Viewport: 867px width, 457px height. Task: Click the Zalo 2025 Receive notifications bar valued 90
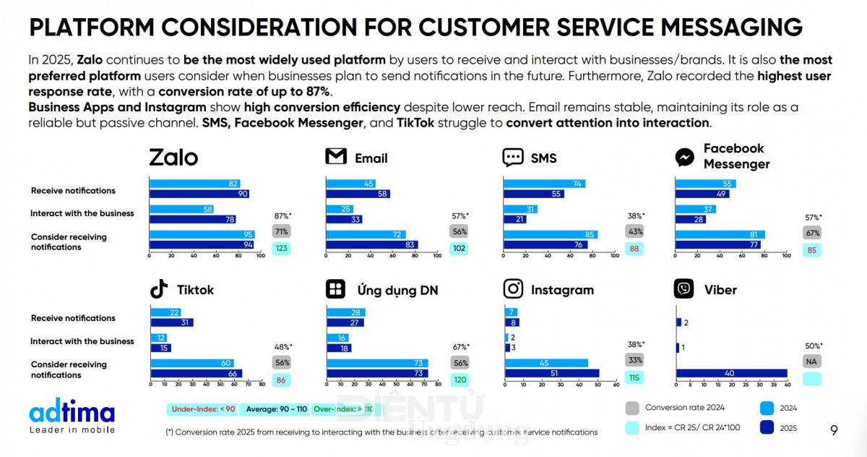(x=199, y=194)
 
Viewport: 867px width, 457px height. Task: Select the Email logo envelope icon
(x=336, y=157)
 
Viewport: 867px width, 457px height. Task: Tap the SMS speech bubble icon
(x=513, y=157)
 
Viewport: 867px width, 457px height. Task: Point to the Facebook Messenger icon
(x=684, y=157)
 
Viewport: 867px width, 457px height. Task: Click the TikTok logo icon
(x=159, y=289)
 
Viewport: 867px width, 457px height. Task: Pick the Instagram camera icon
(x=513, y=289)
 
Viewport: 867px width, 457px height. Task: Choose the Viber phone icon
(x=683, y=289)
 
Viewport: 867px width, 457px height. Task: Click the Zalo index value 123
(x=281, y=248)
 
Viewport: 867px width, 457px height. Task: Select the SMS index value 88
(x=635, y=248)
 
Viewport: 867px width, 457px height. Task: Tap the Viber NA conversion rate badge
(x=813, y=361)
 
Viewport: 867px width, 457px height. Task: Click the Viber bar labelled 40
(x=731, y=373)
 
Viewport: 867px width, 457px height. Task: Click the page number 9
(x=834, y=430)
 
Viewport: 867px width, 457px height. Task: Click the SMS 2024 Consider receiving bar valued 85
(x=550, y=234)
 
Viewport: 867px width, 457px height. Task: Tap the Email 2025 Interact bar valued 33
(x=344, y=219)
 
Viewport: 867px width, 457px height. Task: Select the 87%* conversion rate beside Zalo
(x=281, y=215)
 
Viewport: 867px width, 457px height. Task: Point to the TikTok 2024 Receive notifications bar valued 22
(x=165, y=312)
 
